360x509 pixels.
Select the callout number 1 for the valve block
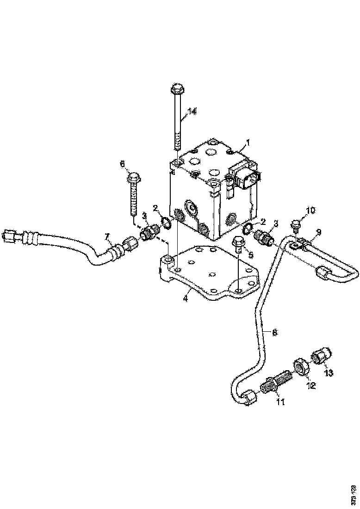point(248,142)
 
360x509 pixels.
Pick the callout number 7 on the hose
point(107,237)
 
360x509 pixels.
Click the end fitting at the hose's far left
point(9,237)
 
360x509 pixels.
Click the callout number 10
point(310,210)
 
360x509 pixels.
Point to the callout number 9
point(318,231)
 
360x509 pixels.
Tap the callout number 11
point(280,402)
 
